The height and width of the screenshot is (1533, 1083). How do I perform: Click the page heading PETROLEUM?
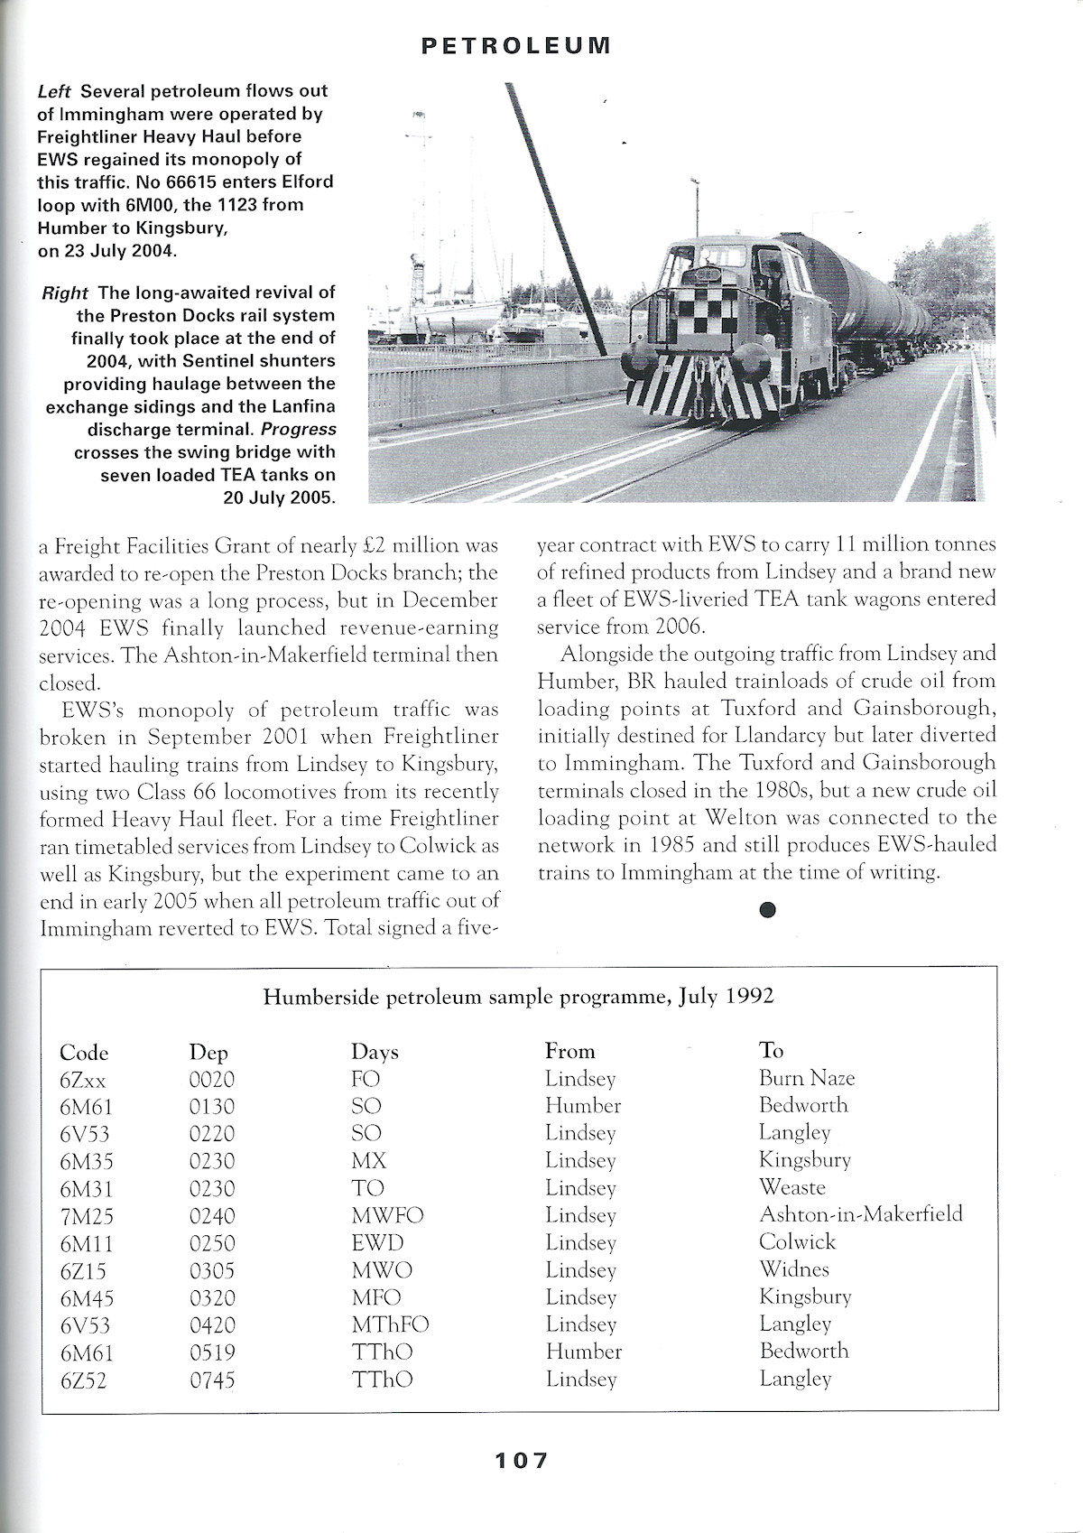point(516,45)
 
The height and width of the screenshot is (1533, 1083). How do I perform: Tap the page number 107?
point(521,1460)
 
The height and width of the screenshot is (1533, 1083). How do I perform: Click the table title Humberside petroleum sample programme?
point(518,997)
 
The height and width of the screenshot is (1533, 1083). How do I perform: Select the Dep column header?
point(208,1052)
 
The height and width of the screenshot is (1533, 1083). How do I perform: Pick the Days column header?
point(375,1052)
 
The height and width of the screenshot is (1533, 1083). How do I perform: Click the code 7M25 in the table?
point(87,1216)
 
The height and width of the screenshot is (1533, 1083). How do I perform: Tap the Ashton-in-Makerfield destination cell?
point(860,1214)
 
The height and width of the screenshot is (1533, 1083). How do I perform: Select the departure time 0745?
point(212,1380)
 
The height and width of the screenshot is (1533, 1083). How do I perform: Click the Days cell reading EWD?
point(377,1243)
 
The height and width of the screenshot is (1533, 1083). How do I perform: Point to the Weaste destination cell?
point(791,1187)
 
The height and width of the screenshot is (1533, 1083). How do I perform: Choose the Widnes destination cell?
point(793,1269)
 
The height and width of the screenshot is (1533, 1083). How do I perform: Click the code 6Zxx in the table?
point(83,1080)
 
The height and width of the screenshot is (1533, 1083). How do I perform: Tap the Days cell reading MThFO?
point(390,1325)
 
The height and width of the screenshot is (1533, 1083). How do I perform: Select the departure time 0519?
point(212,1352)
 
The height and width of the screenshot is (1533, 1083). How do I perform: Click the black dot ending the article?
point(767,910)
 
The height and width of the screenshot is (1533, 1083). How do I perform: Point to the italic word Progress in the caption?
point(298,430)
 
